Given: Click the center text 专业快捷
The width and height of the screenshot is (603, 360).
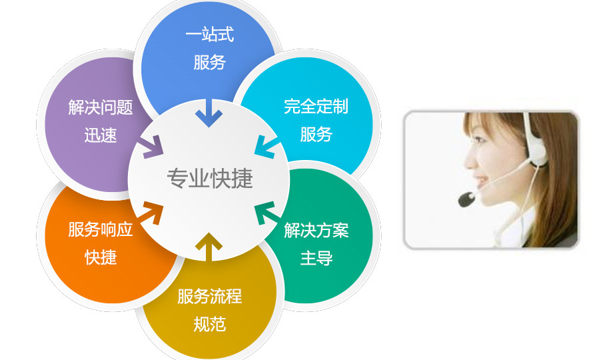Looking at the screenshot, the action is pos(210,179).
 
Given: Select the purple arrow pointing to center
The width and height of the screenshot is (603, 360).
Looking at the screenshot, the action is pos(151,147).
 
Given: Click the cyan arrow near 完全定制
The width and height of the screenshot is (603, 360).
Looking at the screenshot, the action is pos(266,147).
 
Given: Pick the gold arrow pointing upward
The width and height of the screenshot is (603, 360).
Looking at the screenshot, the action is pos(209,247).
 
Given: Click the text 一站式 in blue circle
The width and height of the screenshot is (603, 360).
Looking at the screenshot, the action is pos(210,34).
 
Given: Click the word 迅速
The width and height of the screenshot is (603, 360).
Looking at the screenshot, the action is pos(101,135).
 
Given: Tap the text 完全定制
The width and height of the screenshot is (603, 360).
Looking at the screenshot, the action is pos(316,107).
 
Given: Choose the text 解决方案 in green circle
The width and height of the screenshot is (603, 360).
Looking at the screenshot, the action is pos(316,230).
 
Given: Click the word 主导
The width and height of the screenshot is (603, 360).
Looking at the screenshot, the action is pos(316,258).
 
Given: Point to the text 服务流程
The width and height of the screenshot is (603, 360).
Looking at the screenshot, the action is pos(210,296).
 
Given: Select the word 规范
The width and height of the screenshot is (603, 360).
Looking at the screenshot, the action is pos(210,324).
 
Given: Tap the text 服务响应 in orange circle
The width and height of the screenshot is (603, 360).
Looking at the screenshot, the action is pos(101,229).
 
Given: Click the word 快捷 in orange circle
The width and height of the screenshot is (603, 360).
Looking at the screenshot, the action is pos(101,257).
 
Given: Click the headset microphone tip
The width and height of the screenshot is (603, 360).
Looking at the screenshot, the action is pos(466,199).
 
